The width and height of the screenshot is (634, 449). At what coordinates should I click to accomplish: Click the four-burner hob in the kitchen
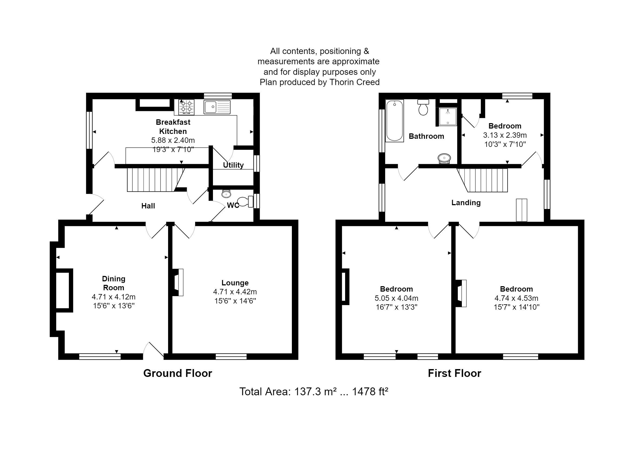pyautogui.click(x=186, y=107)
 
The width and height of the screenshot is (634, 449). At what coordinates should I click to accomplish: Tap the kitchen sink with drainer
pyautogui.click(x=217, y=107)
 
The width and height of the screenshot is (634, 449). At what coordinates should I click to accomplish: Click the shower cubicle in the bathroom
pyautogui.click(x=448, y=116)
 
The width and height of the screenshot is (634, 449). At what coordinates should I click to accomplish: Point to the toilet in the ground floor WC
pyautogui.click(x=245, y=201)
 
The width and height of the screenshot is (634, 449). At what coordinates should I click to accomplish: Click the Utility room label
pyautogui.click(x=233, y=165)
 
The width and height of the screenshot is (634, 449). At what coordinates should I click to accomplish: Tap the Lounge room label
pyautogui.click(x=235, y=283)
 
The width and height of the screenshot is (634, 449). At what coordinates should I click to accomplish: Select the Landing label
pyautogui.click(x=466, y=203)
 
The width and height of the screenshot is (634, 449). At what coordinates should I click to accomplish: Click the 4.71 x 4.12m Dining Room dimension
pyautogui.click(x=114, y=297)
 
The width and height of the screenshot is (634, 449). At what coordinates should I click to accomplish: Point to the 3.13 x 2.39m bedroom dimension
pyautogui.click(x=505, y=135)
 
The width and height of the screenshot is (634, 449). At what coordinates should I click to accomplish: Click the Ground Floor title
pyautogui.click(x=177, y=373)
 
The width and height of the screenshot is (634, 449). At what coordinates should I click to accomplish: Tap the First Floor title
pyautogui.click(x=454, y=373)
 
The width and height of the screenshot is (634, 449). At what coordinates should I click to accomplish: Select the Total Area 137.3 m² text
pyautogui.click(x=313, y=392)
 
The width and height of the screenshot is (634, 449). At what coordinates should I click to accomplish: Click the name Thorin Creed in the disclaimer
pyautogui.click(x=354, y=82)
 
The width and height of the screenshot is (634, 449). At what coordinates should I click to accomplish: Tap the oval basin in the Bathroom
pyautogui.click(x=444, y=158)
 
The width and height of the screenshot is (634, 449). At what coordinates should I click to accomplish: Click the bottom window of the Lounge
pyautogui.click(x=231, y=356)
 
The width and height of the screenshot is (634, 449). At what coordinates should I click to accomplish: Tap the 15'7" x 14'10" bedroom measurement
pyautogui.click(x=516, y=307)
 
